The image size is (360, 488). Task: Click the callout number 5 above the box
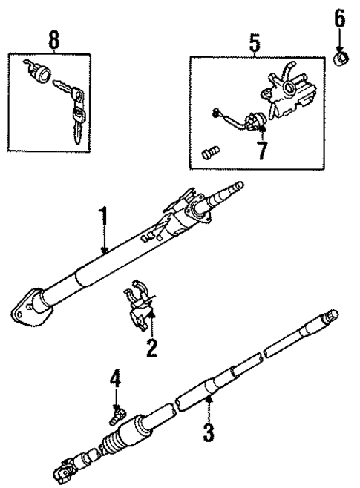click(x=254, y=44)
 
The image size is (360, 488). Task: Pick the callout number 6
click(x=338, y=19)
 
